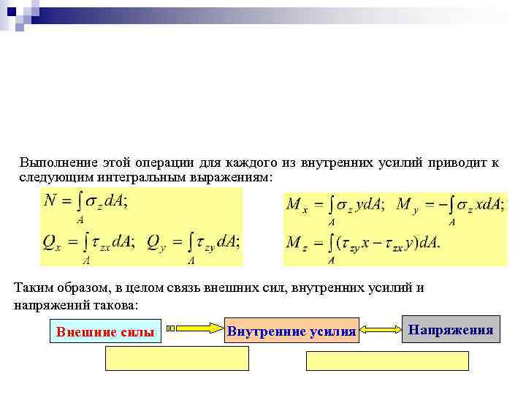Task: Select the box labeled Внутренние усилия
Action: pyautogui.click(x=291, y=331)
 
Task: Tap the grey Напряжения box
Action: pyautogui.click(x=451, y=330)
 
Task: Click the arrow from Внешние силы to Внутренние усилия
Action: pyautogui.click(x=194, y=328)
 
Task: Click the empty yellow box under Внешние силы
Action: pyautogui.click(x=178, y=358)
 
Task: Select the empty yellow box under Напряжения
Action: pyautogui.click(x=386, y=361)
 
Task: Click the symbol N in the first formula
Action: pyautogui.click(x=50, y=200)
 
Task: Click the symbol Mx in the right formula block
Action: pyautogui.click(x=297, y=205)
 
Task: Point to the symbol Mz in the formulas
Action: pyautogui.click(x=297, y=242)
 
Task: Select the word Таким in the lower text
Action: pyautogui.click(x=31, y=287)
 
